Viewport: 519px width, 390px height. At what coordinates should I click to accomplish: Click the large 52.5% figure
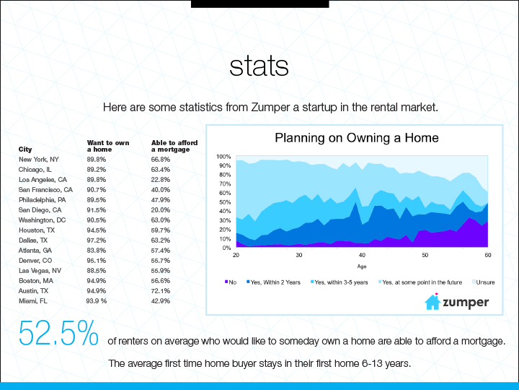[58, 333]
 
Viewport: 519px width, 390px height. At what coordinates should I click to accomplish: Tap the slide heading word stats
[259, 66]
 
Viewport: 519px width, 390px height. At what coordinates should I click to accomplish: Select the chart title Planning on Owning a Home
[357, 138]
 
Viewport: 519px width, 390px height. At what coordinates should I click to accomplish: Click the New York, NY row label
[39, 160]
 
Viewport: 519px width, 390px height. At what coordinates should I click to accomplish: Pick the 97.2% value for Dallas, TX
[97, 240]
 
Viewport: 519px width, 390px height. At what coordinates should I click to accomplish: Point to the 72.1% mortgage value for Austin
[161, 291]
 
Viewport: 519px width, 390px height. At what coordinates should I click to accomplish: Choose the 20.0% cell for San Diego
[161, 210]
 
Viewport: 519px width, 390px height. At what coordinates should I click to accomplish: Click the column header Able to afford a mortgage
[174, 146]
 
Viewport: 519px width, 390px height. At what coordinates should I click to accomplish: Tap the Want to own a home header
[108, 146]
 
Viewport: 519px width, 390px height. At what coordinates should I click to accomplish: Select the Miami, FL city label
[32, 301]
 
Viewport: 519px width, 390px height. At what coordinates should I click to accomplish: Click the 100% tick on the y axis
[223, 157]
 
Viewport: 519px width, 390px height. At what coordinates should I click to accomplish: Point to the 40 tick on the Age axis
[362, 255]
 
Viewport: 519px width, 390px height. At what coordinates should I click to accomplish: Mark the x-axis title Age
[362, 266]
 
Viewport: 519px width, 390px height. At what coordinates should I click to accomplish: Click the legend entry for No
[231, 282]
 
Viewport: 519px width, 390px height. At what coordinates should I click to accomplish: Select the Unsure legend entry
[483, 282]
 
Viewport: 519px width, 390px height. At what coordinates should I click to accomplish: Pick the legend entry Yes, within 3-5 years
[340, 282]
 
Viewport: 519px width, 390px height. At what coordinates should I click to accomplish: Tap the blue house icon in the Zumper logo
[432, 301]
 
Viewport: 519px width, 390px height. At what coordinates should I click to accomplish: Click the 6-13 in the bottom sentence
[373, 363]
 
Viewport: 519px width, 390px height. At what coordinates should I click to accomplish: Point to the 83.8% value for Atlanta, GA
[97, 251]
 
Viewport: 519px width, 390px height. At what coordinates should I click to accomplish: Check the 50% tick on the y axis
[224, 202]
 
